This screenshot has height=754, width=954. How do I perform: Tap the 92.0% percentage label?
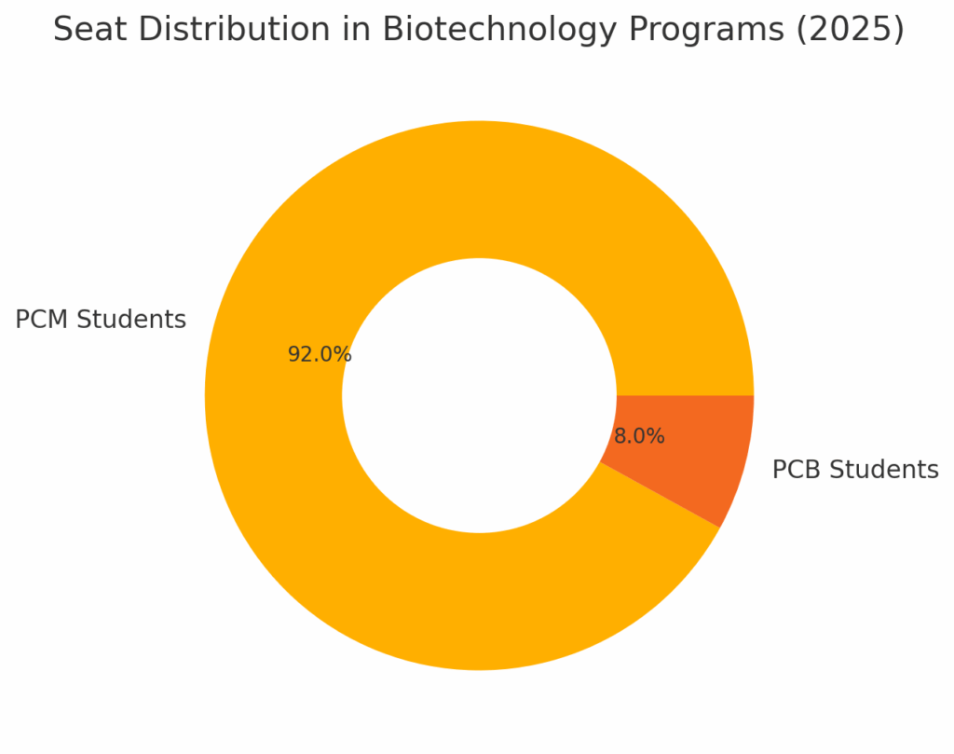click(x=320, y=355)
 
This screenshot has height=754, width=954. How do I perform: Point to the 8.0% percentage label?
click(x=639, y=437)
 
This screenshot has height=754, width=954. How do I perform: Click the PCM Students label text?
click(x=101, y=320)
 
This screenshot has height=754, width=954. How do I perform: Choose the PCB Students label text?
click(x=855, y=471)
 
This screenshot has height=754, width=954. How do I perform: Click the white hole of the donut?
click(x=479, y=395)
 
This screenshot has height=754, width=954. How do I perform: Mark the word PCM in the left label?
click(x=42, y=320)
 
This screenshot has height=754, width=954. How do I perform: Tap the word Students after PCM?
click(x=131, y=320)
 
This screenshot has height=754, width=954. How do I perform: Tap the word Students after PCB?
click(x=886, y=471)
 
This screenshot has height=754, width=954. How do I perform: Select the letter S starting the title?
click(x=62, y=30)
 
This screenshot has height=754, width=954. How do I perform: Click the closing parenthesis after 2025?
click(x=899, y=30)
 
